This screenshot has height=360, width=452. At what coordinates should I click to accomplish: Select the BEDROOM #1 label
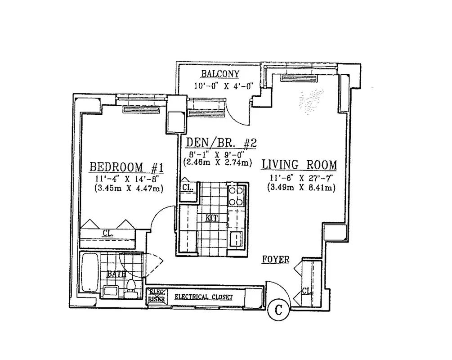tap(126, 167)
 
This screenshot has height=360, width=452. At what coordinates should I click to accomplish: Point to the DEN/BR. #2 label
tap(221, 144)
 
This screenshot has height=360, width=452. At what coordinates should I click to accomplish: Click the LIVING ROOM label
tap(299, 164)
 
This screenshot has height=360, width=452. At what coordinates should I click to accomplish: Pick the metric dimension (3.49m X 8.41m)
tap(300, 187)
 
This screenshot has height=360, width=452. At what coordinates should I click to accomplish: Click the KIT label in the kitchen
tap(211, 218)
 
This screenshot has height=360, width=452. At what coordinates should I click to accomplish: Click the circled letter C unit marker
tap(279, 310)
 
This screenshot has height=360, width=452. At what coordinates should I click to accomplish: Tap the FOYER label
tap(276, 260)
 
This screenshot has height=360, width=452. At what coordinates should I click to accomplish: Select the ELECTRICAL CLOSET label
tap(203, 297)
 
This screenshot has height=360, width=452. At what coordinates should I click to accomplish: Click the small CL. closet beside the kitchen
tap(186, 189)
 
